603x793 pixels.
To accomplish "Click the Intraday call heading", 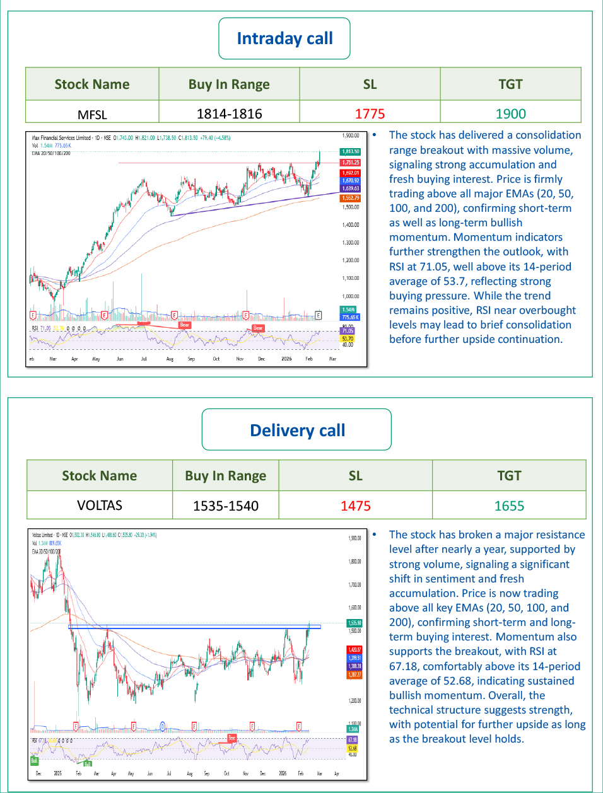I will click(284, 38).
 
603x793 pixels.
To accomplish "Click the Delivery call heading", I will click(297, 431).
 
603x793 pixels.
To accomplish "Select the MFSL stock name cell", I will click(92, 114).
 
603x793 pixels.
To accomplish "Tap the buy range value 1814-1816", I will click(229, 114).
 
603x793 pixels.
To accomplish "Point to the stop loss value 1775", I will click(370, 114).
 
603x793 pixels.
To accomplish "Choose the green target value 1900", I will click(510, 114).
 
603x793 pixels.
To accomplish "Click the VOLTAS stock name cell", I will click(100, 506).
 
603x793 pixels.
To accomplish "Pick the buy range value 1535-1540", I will click(226, 506).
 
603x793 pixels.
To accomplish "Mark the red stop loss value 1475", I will click(356, 506).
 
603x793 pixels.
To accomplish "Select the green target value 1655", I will click(509, 506).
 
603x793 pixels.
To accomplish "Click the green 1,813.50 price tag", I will click(351, 151).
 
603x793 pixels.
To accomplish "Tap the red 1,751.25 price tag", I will click(351, 163).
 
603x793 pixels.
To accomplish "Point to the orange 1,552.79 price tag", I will click(351, 198).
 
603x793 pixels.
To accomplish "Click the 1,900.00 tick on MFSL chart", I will click(351, 136).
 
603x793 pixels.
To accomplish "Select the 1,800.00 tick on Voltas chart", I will click(354, 561).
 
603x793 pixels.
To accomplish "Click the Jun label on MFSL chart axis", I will click(120, 359).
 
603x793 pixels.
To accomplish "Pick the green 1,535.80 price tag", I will click(354, 623).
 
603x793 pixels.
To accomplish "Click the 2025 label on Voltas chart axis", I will click(57, 773).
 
